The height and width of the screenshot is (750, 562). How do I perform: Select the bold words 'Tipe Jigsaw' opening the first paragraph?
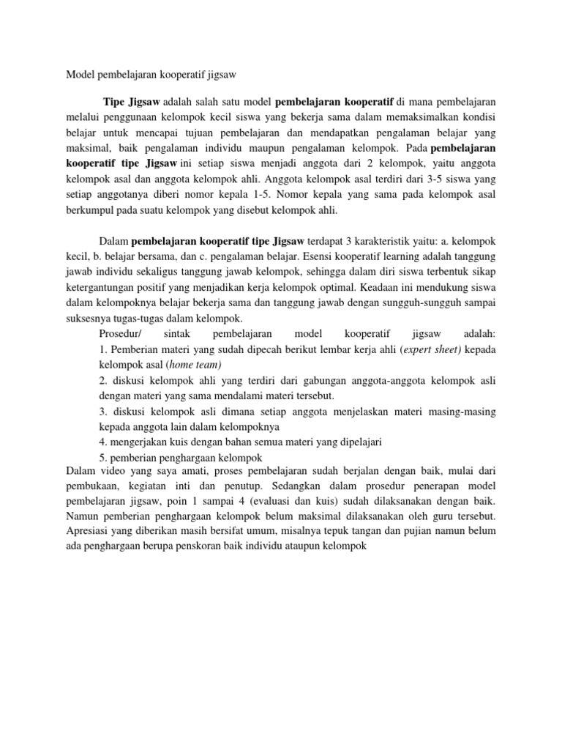coord(131,101)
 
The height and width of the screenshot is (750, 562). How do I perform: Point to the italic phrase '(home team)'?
coord(194,364)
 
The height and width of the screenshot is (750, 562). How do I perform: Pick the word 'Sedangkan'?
coord(324,489)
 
